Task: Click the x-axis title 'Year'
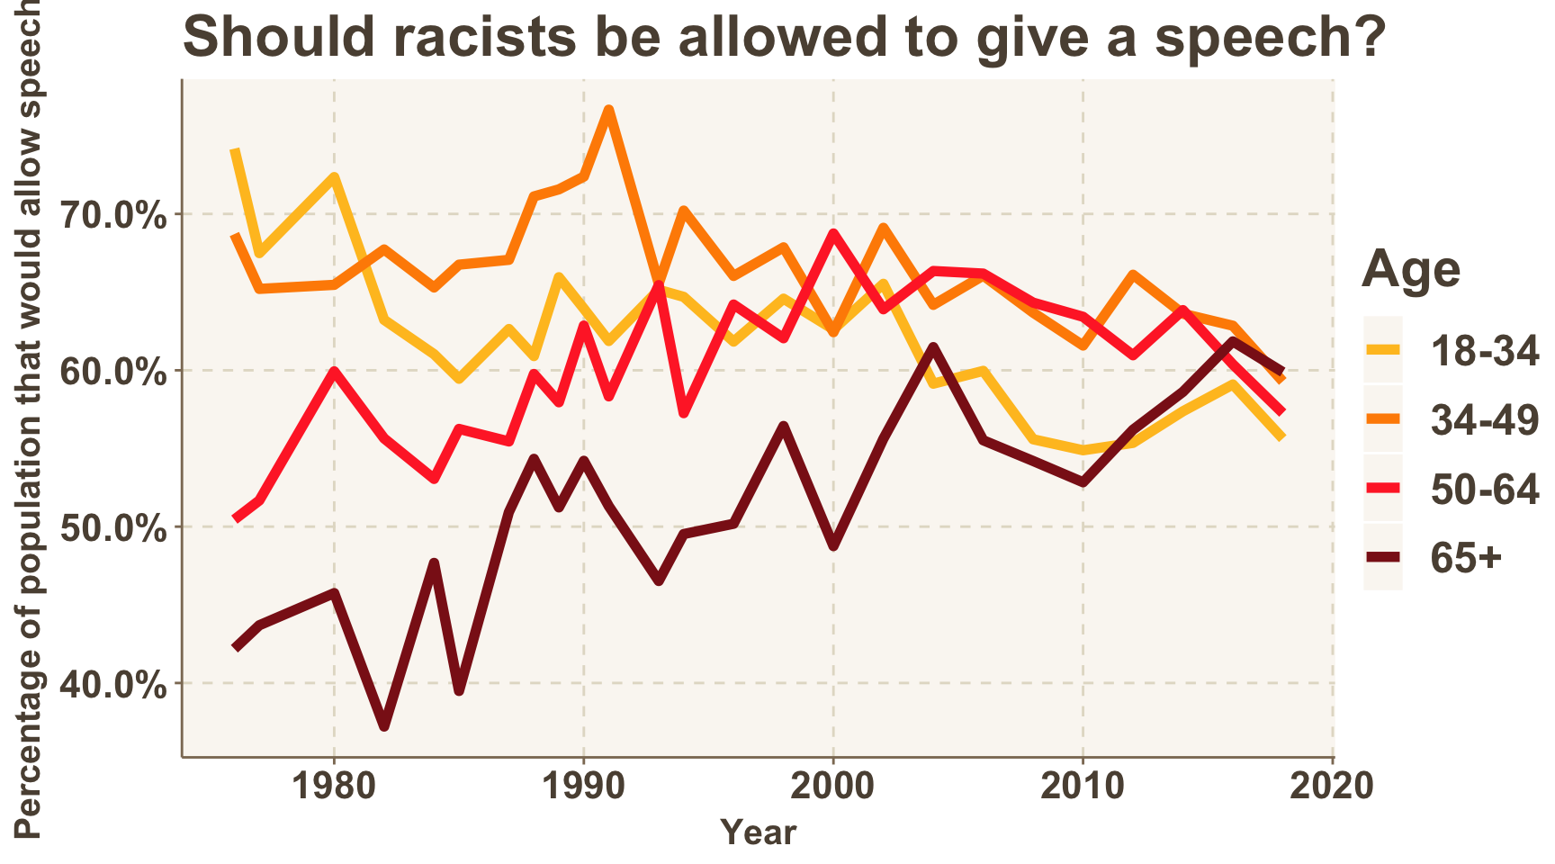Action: click(759, 832)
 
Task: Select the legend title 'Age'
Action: click(1410, 269)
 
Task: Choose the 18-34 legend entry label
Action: click(1485, 351)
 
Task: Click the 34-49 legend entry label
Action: click(1485, 419)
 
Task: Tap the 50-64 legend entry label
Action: click(1485, 489)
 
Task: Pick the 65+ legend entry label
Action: click(1466, 558)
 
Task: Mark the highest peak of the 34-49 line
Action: click(609, 110)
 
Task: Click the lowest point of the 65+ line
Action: click(384, 724)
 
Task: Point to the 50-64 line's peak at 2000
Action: click(833, 234)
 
